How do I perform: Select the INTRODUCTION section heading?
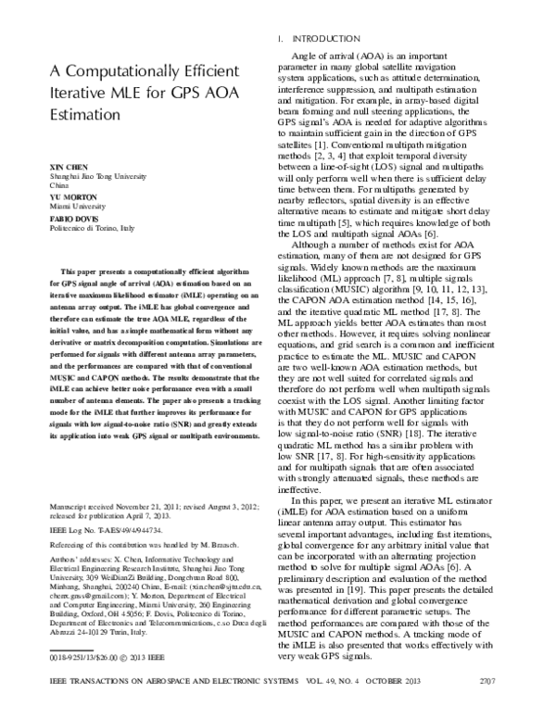[326, 39]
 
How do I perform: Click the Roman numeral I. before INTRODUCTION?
[281, 39]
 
